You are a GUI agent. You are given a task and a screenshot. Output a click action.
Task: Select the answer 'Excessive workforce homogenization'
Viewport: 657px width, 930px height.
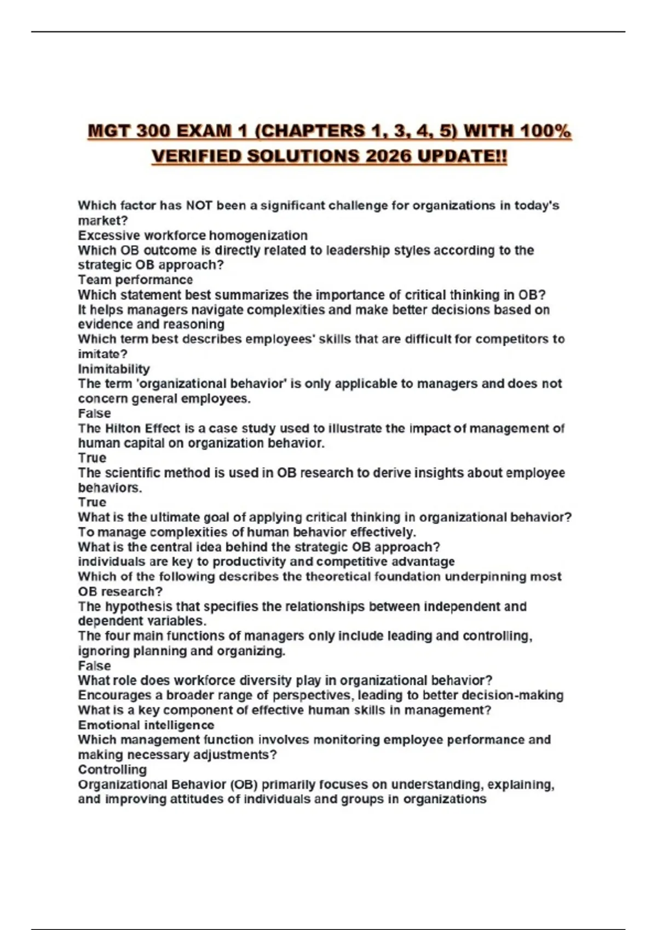pos(193,235)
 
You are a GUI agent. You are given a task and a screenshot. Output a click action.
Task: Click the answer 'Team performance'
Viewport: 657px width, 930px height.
pos(135,280)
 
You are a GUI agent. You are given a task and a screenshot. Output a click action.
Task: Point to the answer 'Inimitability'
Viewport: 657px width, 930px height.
pos(114,369)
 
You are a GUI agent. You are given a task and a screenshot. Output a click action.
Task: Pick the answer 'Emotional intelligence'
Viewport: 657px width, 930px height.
pos(146,725)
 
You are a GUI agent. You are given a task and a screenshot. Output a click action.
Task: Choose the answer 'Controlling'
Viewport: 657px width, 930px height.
pos(112,770)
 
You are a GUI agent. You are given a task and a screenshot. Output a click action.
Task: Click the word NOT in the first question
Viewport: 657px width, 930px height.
pos(199,206)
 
